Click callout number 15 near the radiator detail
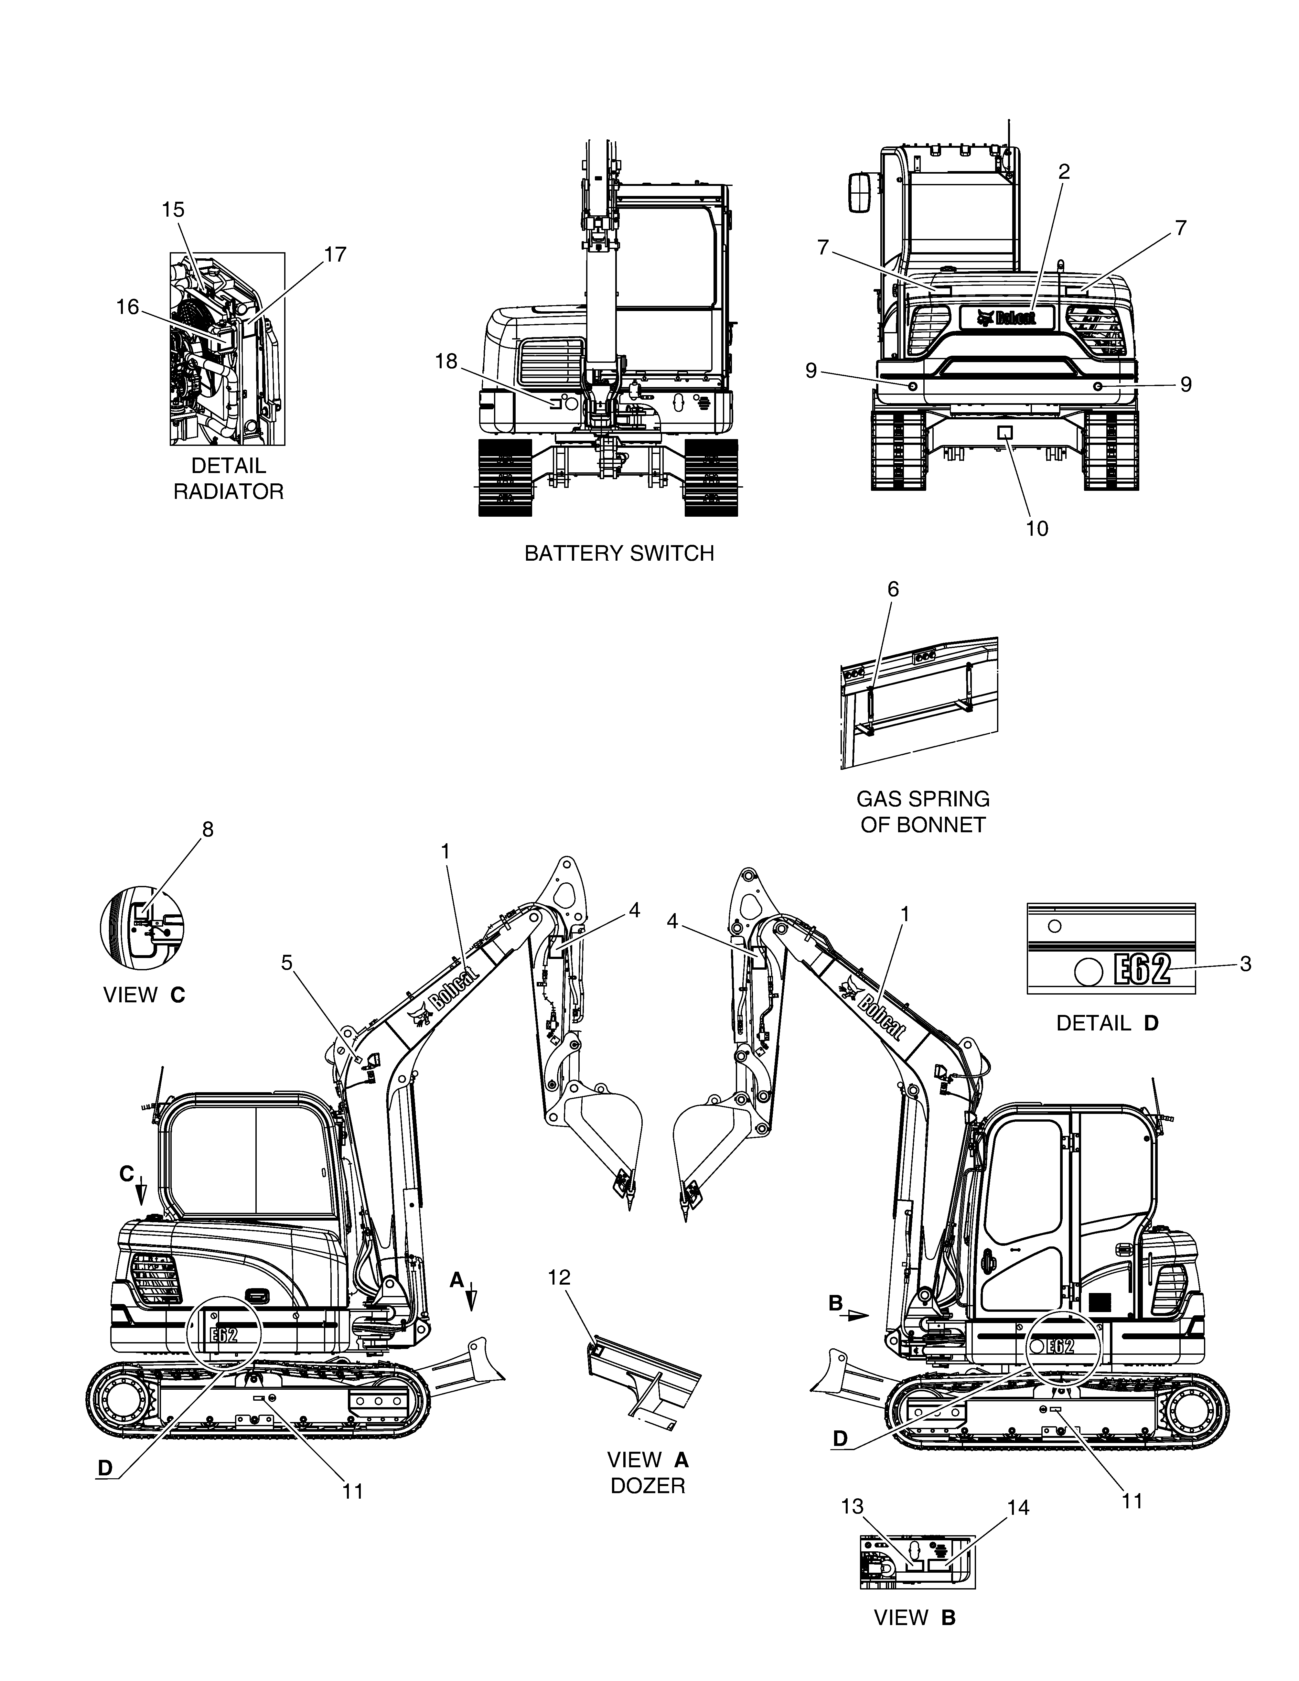coord(173,209)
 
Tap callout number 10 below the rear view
coord(1036,529)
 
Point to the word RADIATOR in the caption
coord(229,492)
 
